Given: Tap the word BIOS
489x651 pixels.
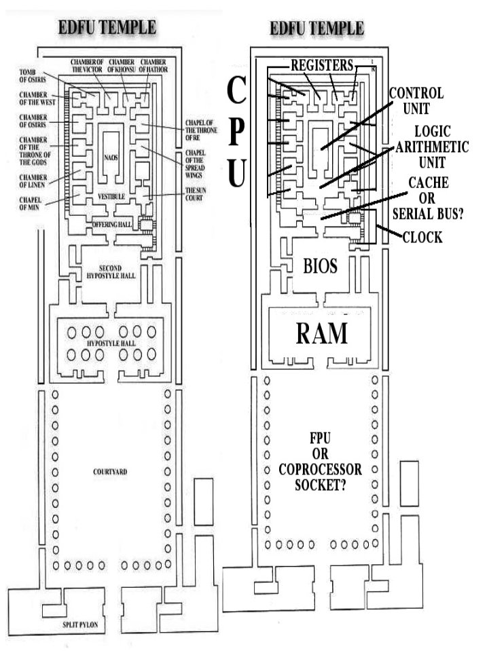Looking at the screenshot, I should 319,266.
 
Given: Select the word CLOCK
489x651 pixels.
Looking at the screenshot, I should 422,238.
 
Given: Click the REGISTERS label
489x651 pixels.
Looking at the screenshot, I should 322,65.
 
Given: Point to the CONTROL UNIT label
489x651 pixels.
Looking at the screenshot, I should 415,99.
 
